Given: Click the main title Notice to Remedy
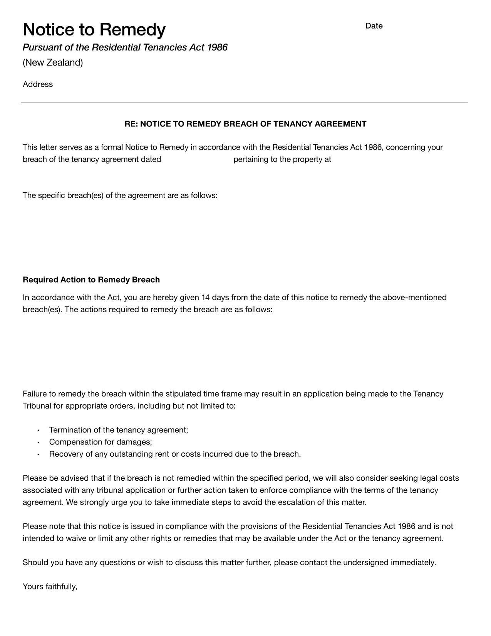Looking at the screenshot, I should (x=94, y=29).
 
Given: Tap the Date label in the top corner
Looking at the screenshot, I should (x=374, y=26).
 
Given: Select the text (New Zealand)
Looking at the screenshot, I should (x=53, y=62).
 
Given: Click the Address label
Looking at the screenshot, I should (x=38, y=84).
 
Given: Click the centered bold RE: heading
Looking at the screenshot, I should (x=245, y=124).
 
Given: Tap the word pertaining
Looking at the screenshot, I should (x=251, y=160).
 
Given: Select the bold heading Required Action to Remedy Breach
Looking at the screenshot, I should (x=91, y=280).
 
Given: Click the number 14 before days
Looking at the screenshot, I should (x=205, y=298).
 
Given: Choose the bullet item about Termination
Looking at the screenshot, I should (x=119, y=430).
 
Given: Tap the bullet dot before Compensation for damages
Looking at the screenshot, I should (x=39, y=443).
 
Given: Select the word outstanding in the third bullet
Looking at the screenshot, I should (x=131, y=454).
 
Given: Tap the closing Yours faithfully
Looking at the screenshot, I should (x=50, y=587).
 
